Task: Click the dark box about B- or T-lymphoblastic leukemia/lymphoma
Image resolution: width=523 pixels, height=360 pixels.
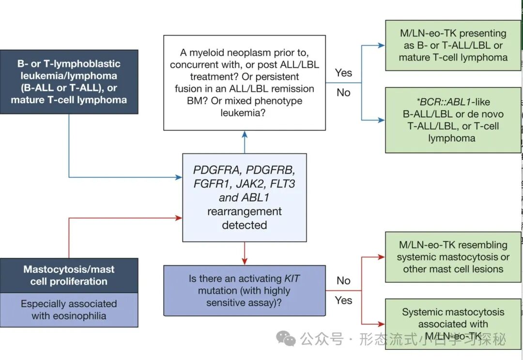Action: (69, 82)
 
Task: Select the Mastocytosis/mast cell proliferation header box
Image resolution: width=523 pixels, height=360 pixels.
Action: (69, 275)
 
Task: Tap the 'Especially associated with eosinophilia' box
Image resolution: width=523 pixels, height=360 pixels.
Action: (69, 310)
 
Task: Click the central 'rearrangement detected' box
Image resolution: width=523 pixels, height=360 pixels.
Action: (244, 197)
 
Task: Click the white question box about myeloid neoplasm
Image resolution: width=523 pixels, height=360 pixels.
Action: (244, 83)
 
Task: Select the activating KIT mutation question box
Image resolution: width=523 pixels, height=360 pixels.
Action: (244, 290)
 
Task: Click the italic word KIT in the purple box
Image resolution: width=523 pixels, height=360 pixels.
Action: (290, 279)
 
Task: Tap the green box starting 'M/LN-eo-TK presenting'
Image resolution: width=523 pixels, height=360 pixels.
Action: (453, 45)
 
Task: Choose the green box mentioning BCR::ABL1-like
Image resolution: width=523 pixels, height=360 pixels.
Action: (453, 120)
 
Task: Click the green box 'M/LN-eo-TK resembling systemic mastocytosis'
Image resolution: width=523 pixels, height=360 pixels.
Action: (453, 257)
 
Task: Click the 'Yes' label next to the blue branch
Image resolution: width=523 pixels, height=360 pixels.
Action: (343, 73)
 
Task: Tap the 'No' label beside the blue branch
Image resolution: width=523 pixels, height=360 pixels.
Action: (343, 92)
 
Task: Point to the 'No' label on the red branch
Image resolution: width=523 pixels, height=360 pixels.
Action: (343, 281)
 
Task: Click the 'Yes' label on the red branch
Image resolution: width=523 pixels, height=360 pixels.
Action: (343, 300)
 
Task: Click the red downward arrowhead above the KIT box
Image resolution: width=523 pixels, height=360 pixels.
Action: (244, 261)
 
